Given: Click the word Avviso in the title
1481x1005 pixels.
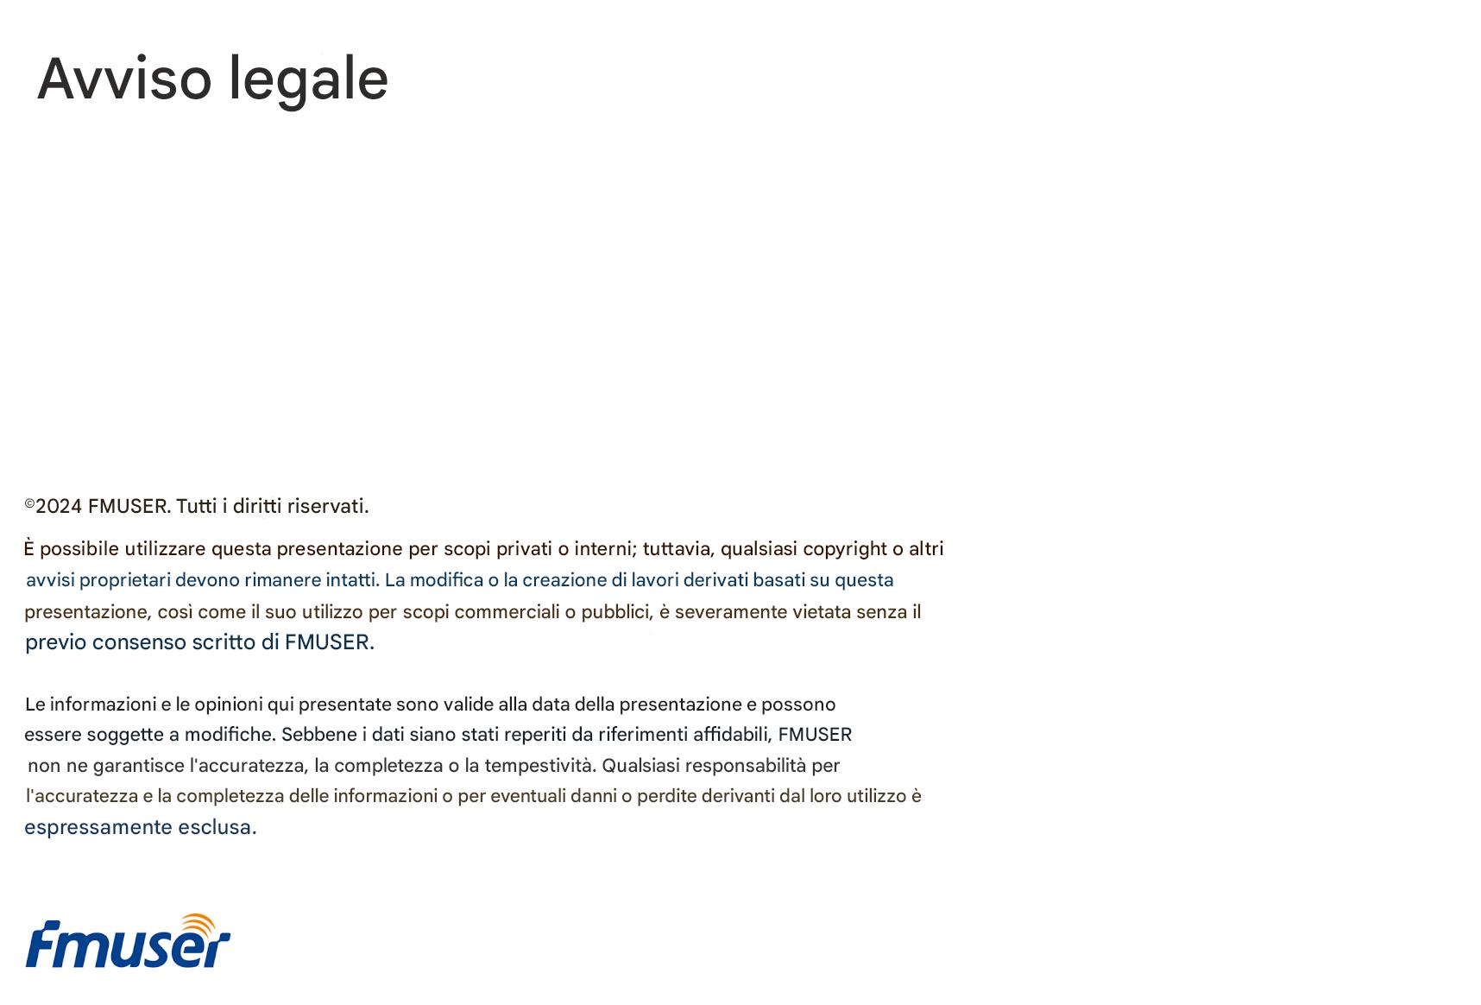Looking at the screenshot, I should coord(124,79).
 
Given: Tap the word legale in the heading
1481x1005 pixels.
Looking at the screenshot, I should coord(308,79).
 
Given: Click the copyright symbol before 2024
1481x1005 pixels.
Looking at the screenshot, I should coord(29,503).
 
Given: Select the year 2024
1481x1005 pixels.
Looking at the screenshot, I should coord(59,507).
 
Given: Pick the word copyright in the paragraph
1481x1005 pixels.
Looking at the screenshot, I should coord(845,549).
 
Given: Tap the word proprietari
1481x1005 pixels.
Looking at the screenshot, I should coord(125,580).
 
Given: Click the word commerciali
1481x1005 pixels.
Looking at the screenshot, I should coord(507,612).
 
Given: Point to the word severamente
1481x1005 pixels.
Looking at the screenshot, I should coord(730,612).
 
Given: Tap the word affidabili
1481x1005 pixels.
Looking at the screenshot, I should coord(732,735).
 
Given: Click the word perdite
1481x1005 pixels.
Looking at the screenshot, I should coord(666,796).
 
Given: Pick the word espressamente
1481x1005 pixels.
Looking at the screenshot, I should coord(98,827).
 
